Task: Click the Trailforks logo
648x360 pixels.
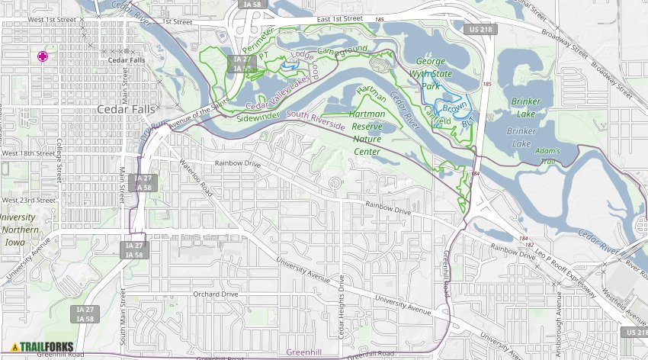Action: (x=42, y=347)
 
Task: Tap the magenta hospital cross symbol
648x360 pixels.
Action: (x=43, y=56)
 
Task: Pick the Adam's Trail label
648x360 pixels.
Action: (x=547, y=156)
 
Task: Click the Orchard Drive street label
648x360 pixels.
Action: (x=216, y=294)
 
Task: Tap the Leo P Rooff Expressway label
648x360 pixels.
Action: (x=565, y=264)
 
